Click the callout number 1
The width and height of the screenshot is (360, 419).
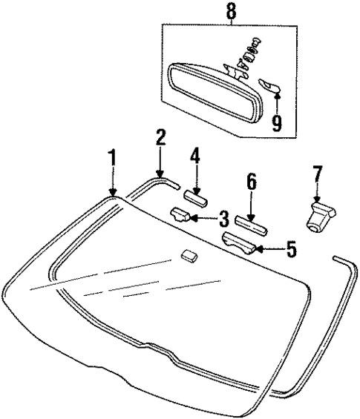112,157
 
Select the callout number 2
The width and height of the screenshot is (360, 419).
160,138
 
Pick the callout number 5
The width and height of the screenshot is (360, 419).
291,249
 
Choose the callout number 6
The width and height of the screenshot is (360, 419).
251,181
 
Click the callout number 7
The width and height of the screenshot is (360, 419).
318,175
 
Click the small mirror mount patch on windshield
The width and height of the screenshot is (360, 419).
189,256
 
